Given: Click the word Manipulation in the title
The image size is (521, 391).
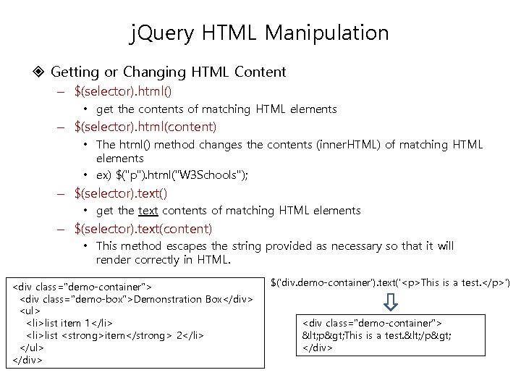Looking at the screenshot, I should click(328, 33).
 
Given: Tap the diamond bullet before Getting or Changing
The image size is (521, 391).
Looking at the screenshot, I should click(39, 72).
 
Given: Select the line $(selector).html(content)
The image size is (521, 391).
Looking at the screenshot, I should click(145, 127).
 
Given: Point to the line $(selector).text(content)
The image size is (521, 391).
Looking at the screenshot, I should click(143, 229).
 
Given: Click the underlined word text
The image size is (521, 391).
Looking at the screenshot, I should click(148, 211).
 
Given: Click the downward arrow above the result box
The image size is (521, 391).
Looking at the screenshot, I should click(391, 299).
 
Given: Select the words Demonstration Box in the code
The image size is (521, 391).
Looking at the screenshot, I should click(178, 299).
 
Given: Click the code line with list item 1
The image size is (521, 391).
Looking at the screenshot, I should click(69, 322).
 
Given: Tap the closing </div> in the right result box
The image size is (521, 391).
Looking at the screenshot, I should click(316, 348).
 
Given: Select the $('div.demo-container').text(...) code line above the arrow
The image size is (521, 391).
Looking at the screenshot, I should click(390, 282).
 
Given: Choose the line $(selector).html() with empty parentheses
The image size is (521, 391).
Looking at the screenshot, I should click(123, 92).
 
